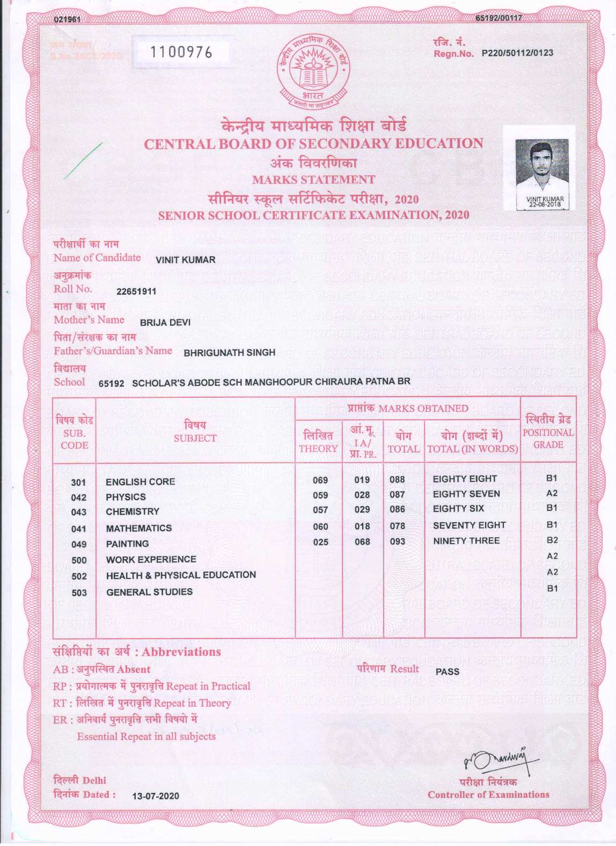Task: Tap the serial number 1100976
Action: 181,52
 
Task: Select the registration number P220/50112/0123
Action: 517,53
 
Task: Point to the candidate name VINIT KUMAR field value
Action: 185,260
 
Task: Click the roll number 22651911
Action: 136,292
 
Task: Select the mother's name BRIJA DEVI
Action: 165,323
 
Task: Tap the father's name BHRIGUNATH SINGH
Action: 229,353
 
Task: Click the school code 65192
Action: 112,383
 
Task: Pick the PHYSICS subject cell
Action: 126,497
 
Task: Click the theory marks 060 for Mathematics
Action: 320,526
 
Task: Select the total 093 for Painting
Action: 398,541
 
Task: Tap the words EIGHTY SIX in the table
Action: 458,508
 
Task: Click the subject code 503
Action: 79,592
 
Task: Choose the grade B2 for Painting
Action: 552,540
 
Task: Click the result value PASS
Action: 448,672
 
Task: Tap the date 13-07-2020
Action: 156,796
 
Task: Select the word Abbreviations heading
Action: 181,652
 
